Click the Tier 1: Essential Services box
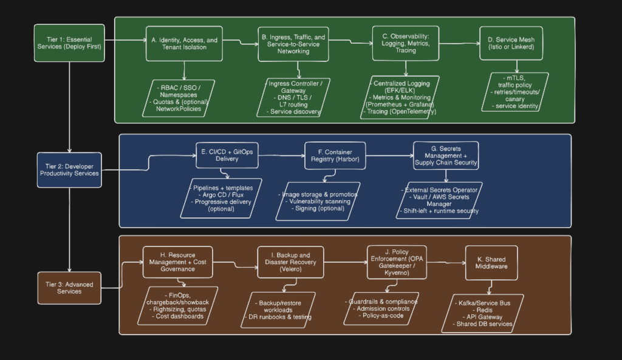69,43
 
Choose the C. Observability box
406,43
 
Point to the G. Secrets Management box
446,155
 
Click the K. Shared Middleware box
491,263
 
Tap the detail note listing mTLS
516,92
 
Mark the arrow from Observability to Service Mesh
459,43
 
